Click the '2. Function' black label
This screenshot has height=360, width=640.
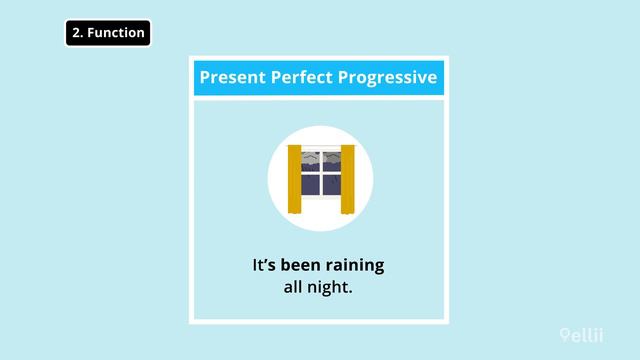(108, 33)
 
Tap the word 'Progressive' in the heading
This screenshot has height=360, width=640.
(385, 77)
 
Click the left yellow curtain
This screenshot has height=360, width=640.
(295, 179)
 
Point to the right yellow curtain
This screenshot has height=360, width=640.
(347, 179)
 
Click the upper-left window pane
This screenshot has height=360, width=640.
(310, 163)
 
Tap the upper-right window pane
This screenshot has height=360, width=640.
(331, 163)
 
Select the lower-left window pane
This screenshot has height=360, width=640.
(310, 185)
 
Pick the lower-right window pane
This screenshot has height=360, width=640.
(331, 185)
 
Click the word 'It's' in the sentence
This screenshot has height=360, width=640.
(263, 267)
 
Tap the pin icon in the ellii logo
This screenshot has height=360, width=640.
(565, 336)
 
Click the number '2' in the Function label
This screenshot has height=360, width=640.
(77, 33)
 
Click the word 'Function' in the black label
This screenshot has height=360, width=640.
(116, 33)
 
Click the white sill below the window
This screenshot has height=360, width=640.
(320, 198)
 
